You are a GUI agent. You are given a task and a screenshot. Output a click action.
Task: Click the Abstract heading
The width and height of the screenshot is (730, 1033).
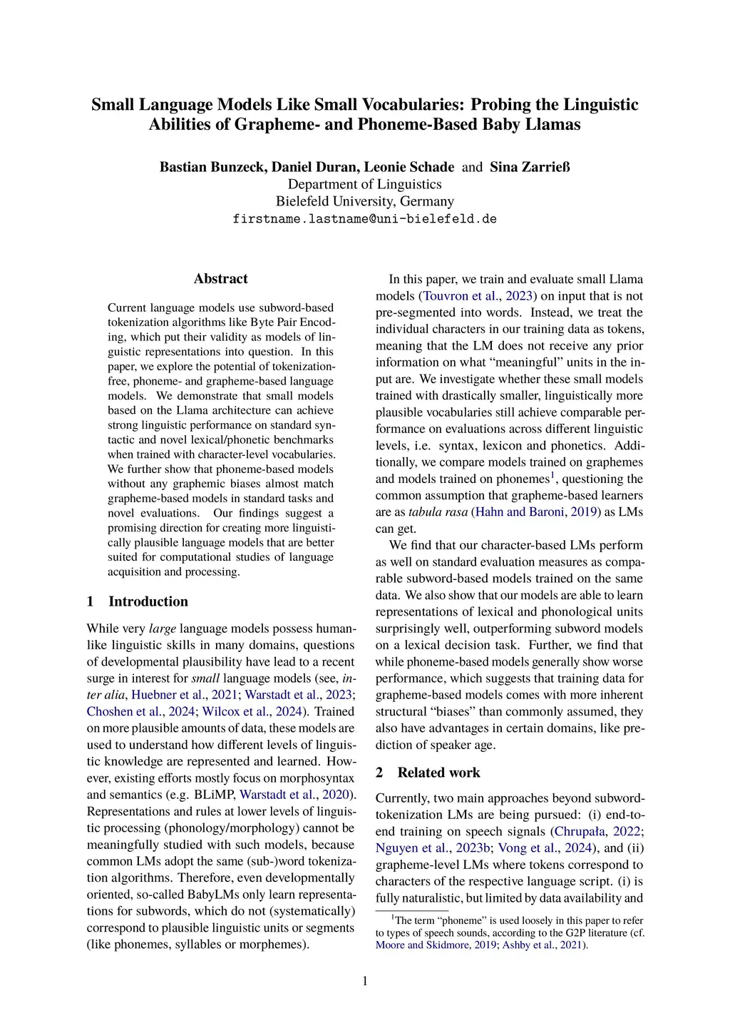(220, 279)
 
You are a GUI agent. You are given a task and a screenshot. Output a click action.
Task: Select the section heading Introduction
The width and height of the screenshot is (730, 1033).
(148, 601)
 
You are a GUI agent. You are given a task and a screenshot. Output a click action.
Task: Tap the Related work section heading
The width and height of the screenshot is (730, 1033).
(438, 773)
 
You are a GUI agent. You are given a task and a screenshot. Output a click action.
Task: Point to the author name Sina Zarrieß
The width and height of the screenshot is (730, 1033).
(530, 167)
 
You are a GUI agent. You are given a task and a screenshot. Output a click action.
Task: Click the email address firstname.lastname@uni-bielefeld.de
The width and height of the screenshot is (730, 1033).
(364, 219)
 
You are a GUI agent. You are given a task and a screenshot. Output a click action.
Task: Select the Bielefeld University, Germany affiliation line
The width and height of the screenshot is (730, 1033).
(364, 201)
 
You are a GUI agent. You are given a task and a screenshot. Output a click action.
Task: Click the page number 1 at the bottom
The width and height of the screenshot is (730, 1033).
(365, 982)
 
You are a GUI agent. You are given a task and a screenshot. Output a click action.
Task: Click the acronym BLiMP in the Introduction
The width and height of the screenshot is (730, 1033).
(215, 795)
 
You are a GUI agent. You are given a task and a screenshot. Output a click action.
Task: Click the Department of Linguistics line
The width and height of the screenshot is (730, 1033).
(364, 184)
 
